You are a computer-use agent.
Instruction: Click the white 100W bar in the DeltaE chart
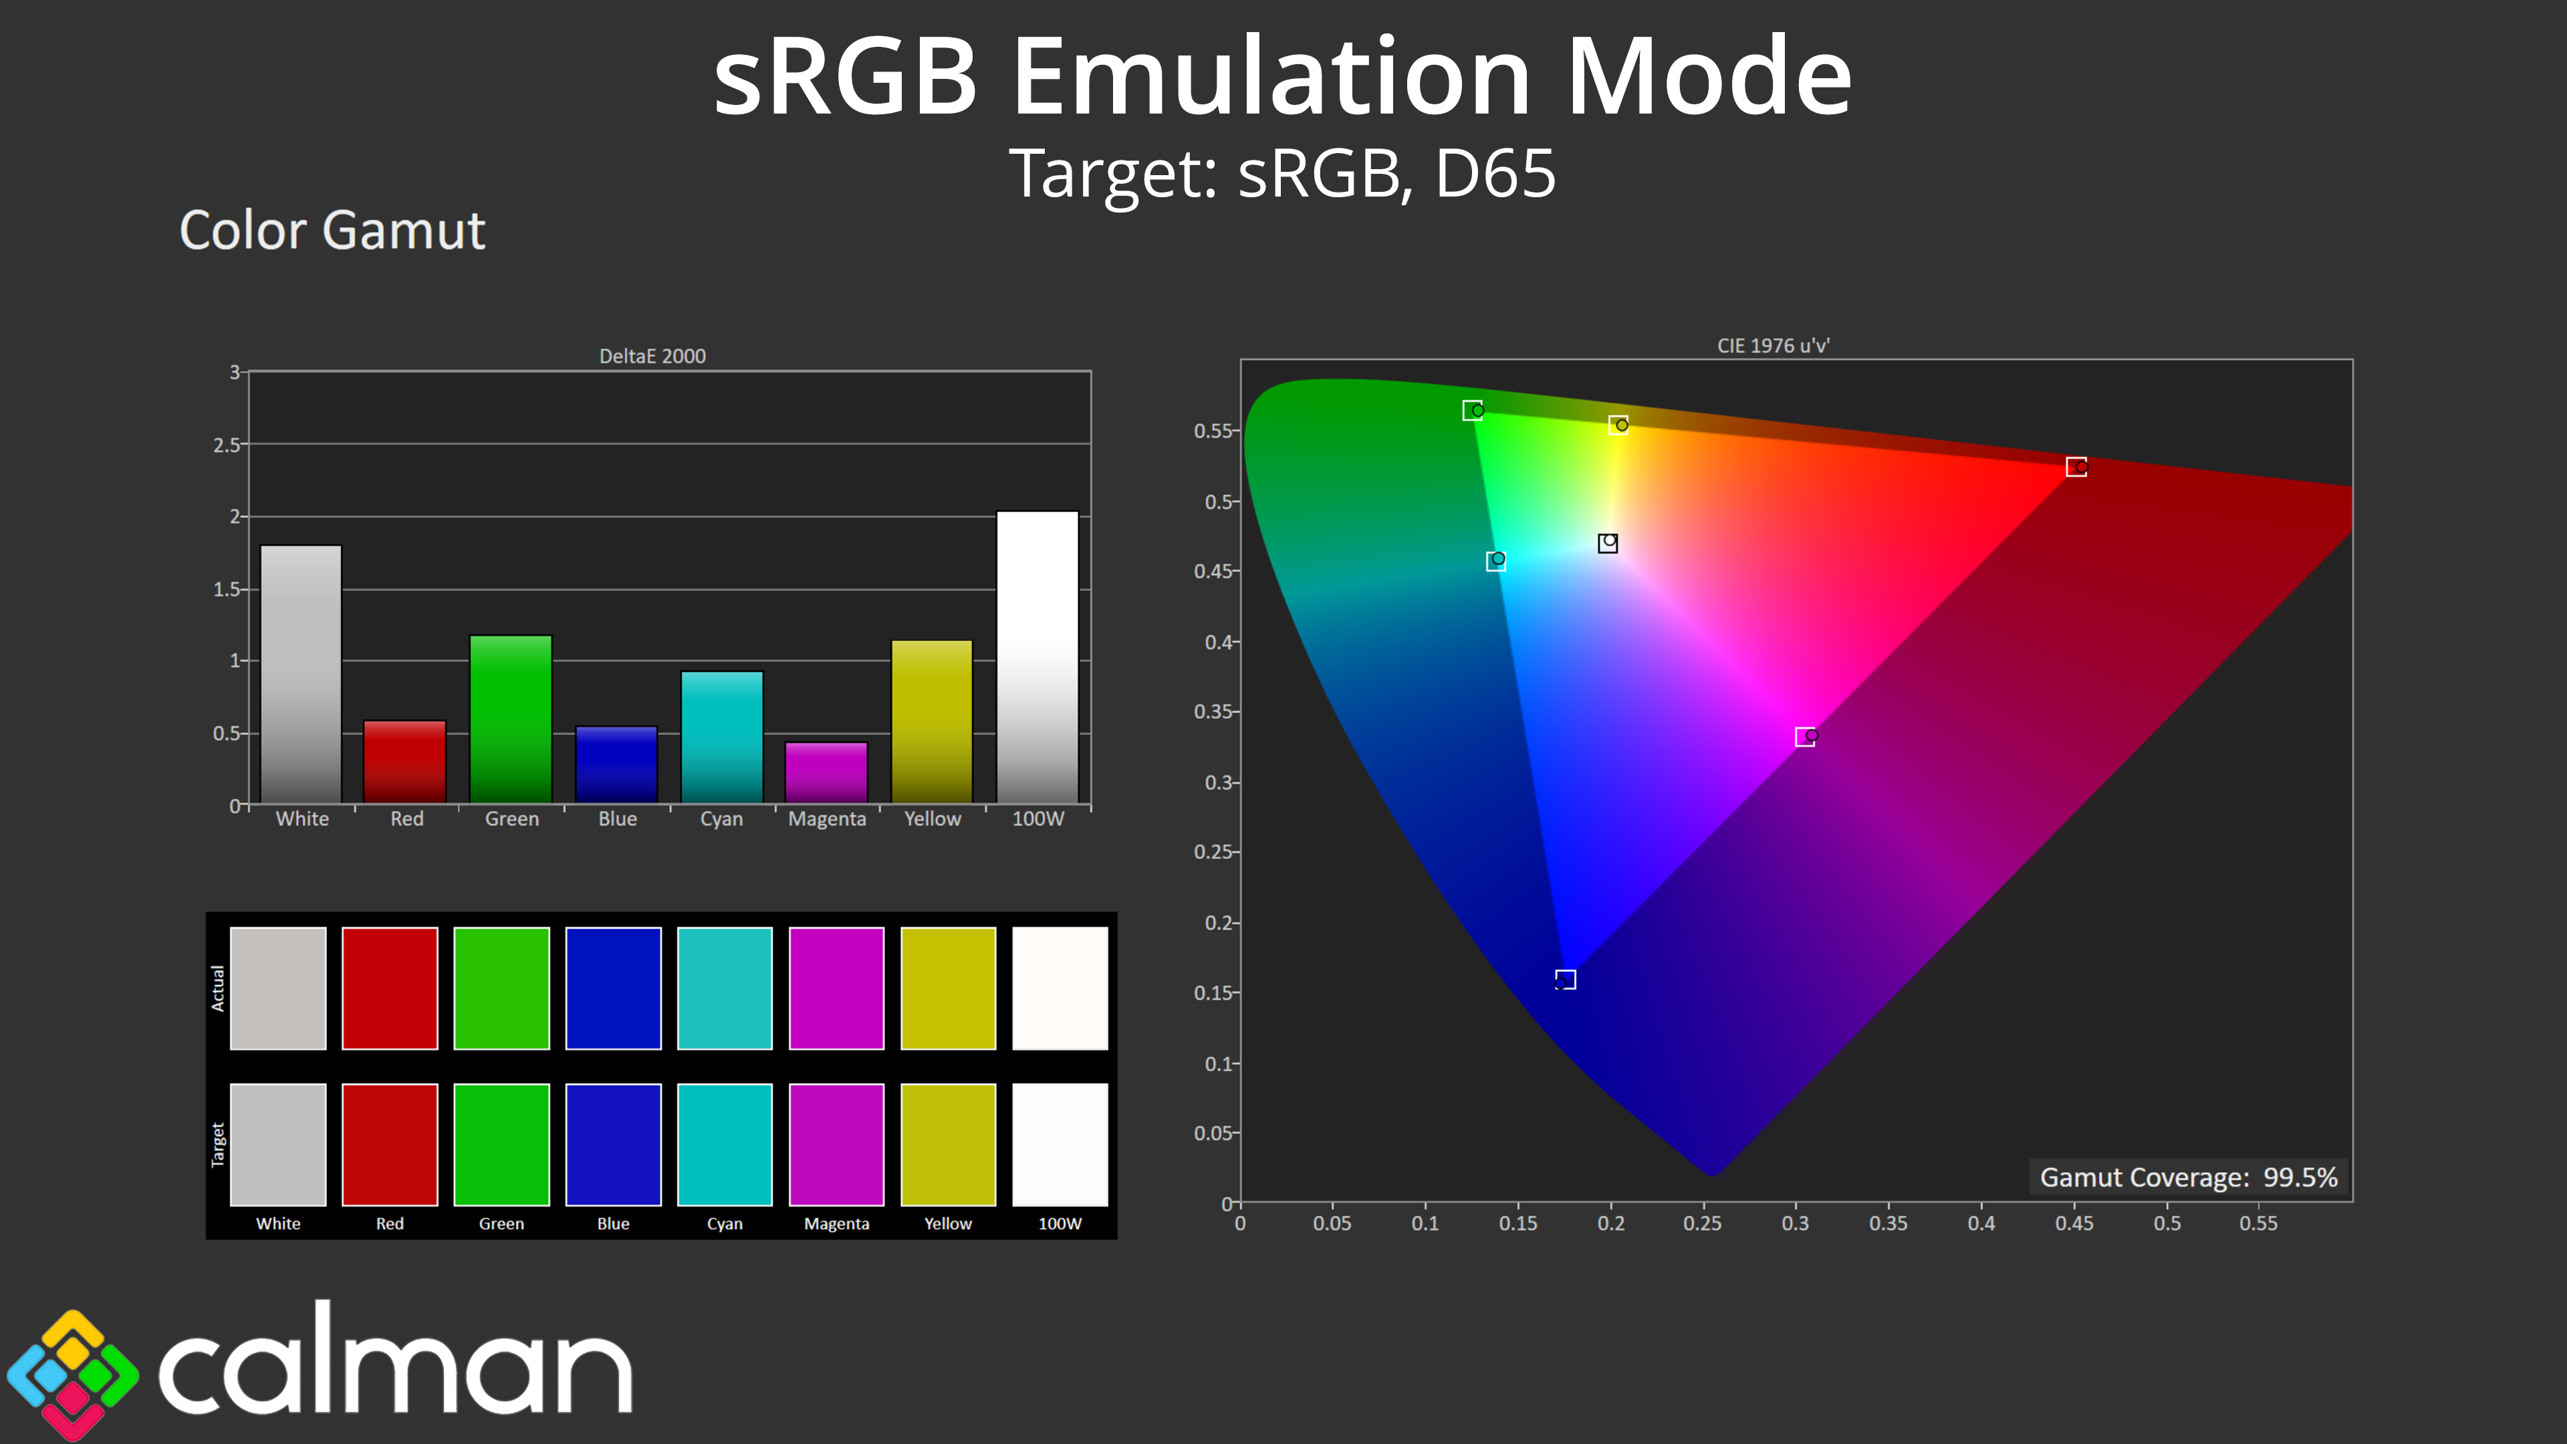click(1037, 658)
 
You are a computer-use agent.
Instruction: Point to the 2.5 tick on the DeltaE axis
click(227, 445)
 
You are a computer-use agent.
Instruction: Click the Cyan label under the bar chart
click(721, 819)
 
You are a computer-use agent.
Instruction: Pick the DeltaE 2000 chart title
click(652, 356)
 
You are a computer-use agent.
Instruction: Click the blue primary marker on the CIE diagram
click(1566, 979)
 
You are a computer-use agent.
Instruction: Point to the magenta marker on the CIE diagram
click(1806, 737)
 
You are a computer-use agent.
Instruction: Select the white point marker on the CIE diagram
click(1607, 542)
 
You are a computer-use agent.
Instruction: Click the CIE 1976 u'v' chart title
click(1774, 346)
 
